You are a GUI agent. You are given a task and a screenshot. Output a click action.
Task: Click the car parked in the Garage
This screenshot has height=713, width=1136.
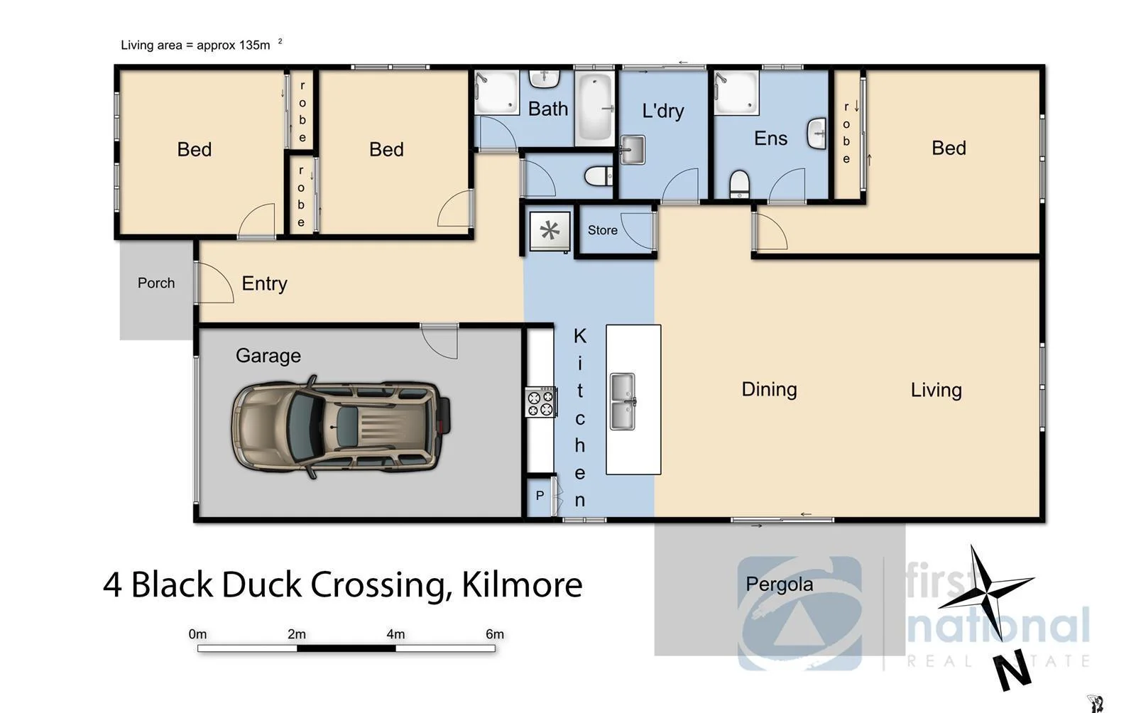coord(341,426)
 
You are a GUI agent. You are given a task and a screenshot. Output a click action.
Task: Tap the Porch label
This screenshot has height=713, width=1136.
coord(156,283)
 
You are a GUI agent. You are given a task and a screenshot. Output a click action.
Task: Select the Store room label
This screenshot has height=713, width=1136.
coord(602,230)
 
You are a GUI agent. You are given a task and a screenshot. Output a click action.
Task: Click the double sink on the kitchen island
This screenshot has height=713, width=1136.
coord(623,401)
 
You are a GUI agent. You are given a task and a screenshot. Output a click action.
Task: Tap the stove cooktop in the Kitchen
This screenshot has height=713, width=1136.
coord(540,402)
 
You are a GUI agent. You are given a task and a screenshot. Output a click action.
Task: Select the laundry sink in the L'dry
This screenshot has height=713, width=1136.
coord(631,150)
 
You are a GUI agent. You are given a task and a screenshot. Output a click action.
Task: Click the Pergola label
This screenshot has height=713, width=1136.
coord(779,584)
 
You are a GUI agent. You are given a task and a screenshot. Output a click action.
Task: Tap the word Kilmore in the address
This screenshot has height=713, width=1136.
coord(522,585)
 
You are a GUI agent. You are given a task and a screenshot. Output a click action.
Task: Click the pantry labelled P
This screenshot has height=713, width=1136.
coord(540,496)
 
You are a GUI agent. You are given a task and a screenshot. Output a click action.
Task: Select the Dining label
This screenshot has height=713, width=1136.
coord(769,389)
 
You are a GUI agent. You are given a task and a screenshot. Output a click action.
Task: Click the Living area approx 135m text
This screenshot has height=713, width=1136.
coord(195,45)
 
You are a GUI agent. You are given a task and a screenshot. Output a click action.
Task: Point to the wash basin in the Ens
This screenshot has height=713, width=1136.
coord(817,134)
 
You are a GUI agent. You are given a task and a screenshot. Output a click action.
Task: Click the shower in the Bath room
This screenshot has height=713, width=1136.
coord(496,92)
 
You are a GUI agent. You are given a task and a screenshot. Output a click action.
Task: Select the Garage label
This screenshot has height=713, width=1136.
coord(268,355)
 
